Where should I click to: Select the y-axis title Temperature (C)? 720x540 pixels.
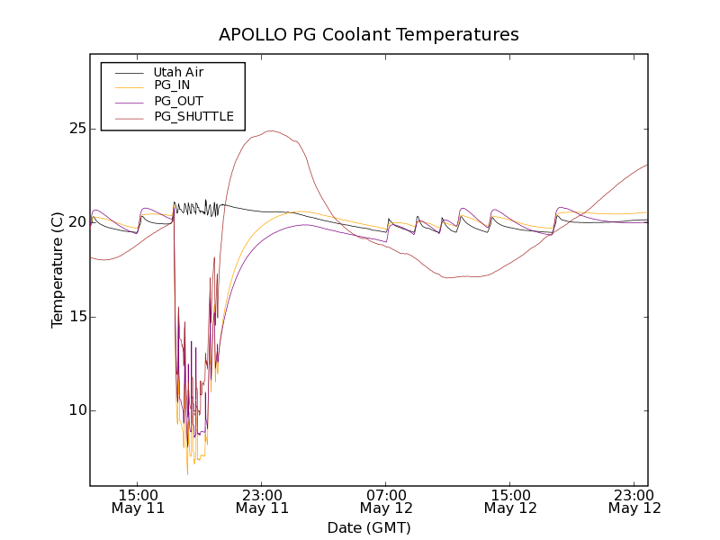58,269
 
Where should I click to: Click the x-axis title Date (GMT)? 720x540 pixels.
369,527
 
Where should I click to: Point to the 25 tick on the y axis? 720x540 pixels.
76,129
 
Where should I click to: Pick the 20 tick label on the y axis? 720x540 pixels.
76,222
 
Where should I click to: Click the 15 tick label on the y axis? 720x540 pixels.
76,317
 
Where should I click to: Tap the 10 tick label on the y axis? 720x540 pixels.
76,410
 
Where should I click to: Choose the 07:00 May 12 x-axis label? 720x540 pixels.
386,500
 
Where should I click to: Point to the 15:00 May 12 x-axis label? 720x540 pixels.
510,500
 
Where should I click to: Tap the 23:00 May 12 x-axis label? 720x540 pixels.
634,500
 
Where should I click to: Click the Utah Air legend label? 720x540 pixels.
178,72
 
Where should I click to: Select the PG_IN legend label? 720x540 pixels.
172,85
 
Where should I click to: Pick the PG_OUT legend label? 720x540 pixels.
178,101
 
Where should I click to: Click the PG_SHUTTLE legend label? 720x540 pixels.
193,116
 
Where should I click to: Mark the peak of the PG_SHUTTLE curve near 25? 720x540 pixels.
271,131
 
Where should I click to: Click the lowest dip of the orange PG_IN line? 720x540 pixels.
188,474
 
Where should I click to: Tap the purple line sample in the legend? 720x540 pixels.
126,101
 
